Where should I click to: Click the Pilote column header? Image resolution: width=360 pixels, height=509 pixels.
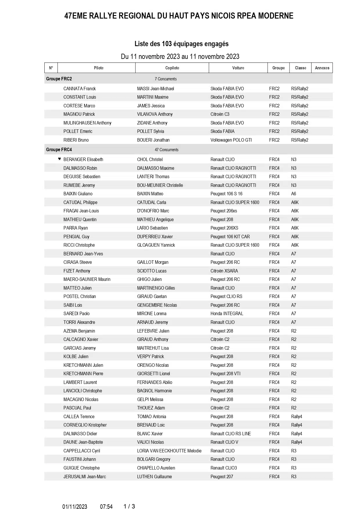(x=99, y=68)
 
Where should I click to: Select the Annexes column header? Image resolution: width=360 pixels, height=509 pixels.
(x=322, y=68)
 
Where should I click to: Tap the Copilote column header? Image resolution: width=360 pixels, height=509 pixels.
(x=172, y=68)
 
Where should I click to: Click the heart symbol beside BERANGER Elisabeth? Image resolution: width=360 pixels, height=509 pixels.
(x=59, y=159)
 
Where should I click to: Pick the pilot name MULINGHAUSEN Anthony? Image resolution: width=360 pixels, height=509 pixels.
(x=87, y=123)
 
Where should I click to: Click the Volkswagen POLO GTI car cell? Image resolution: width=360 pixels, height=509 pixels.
(x=231, y=140)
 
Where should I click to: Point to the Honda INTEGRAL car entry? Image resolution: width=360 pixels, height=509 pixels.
(x=227, y=313)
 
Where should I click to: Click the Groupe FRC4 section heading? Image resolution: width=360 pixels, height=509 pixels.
(x=59, y=150)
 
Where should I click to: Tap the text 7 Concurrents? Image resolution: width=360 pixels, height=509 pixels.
(x=166, y=79)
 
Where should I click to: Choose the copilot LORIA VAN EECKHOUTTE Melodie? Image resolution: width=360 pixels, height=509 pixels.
(x=169, y=451)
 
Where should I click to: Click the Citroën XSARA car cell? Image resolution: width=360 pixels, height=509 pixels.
(x=224, y=271)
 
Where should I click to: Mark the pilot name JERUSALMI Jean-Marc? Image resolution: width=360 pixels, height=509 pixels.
(x=85, y=476)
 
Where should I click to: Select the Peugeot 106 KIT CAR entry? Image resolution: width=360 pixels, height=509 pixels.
(x=230, y=237)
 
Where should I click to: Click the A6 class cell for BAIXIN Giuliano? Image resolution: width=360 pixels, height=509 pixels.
(x=294, y=194)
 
